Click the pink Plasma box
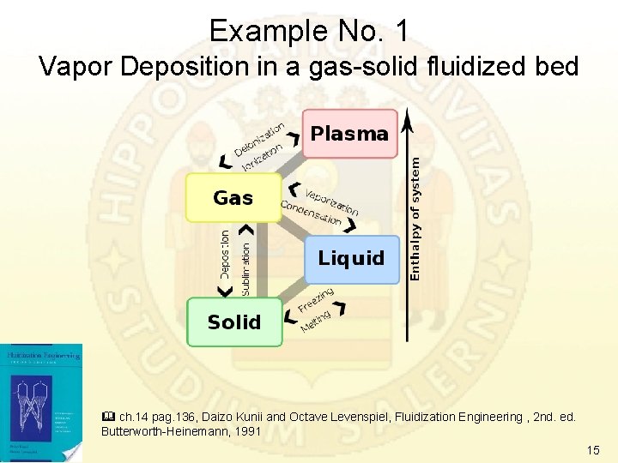click(349, 134)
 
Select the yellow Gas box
click(233, 198)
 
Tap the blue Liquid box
click(352, 258)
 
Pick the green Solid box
click(234, 322)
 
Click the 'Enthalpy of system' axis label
click(415, 217)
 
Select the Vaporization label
click(332, 199)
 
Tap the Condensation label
click(311, 214)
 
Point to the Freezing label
click(316, 300)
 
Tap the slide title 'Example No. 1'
click(309, 32)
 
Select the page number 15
click(592, 450)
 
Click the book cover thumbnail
click(41, 403)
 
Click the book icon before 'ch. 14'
click(107, 417)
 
